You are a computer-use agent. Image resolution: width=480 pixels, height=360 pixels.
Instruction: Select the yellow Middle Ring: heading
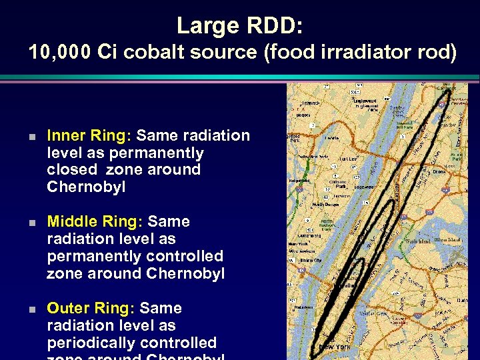[95, 222]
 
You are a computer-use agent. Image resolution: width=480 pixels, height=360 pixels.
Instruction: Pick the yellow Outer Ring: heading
[91, 309]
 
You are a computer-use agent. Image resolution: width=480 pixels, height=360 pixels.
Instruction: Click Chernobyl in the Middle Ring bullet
[185, 273]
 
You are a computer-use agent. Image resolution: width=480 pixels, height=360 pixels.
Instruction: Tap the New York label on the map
[333, 347]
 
